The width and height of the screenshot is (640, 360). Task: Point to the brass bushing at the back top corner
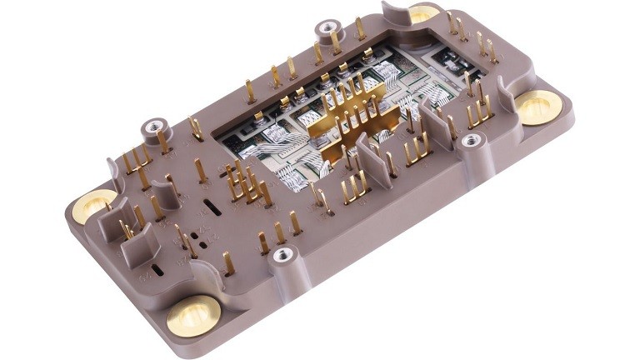point(423,13)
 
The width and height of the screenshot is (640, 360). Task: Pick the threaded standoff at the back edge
point(326,31)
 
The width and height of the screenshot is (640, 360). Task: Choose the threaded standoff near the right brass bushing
point(472,141)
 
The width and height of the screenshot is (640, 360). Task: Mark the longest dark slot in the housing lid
point(213,208)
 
